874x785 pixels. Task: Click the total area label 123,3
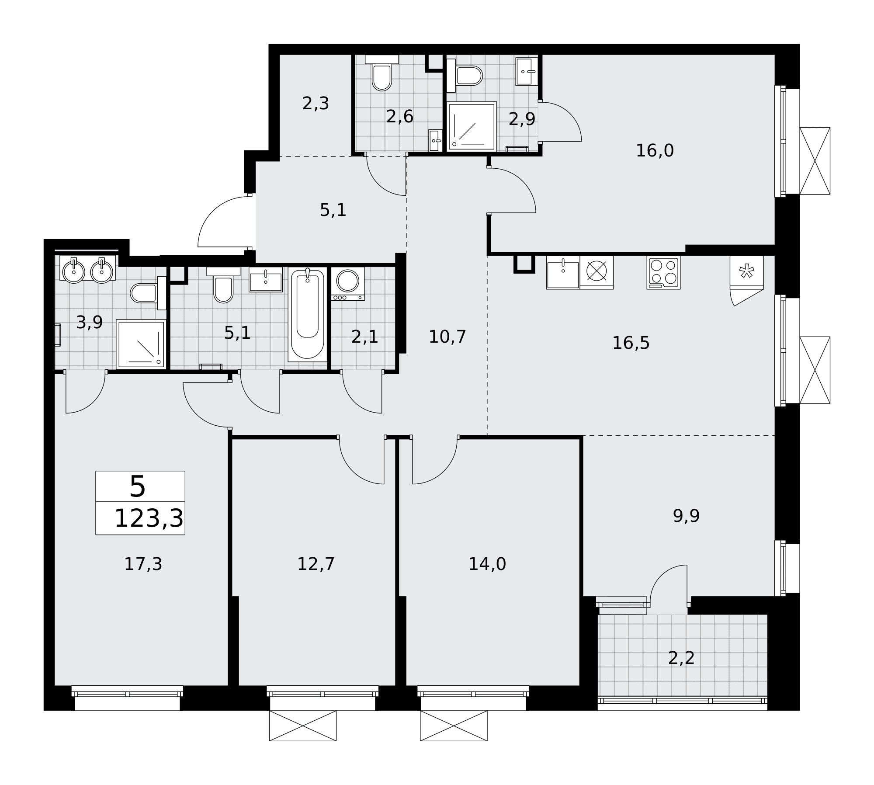[x=149, y=519]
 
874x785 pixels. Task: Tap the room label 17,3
[x=143, y=564]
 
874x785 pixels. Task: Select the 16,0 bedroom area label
[x=655, y=151]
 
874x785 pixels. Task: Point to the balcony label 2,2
[x=681, y=670]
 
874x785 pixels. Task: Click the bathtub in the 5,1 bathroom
[x=307, y=314]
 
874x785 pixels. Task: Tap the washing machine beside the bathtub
[x=348, y=284]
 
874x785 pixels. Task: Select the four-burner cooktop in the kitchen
[x=663, y=273]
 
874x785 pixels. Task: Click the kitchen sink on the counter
[x=563, y=273]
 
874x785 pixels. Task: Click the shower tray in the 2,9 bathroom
[x=472, y=126]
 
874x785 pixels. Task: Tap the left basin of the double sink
[x=74, y=271]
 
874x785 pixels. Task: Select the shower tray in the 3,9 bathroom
[x=141, y=344]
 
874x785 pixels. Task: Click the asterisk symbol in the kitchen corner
[x=746, y=271]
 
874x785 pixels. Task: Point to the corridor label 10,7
[x=447, y=337]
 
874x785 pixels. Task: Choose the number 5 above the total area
[x=137, y=486]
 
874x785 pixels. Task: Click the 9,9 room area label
[x=686, y=516]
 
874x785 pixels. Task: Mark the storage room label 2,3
[x=316, y=104]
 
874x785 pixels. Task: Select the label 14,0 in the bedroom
[x=487, y=564]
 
